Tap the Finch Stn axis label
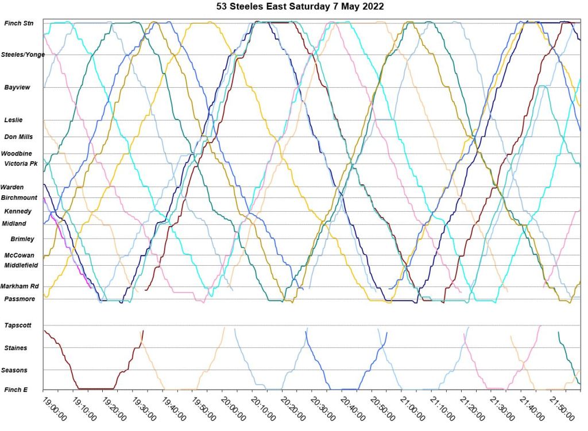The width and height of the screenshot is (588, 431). [x=19, y=24]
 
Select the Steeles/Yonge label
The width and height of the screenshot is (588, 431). [x=23, y=55]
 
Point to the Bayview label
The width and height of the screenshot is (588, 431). [x=17, y=87]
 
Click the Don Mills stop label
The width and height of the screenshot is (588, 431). [x=18, y=137]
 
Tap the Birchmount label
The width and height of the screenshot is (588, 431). [x=19, y=197]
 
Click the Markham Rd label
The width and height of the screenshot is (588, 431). [x=20, y=286]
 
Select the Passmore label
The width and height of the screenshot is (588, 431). [x=20, y=299]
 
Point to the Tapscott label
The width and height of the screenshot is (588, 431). [x=18, y=325]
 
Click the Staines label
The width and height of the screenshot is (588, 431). [x=16, y=348]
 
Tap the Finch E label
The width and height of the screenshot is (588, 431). [x=16, y=390]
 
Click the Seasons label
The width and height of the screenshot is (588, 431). [x=16, y=370]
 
